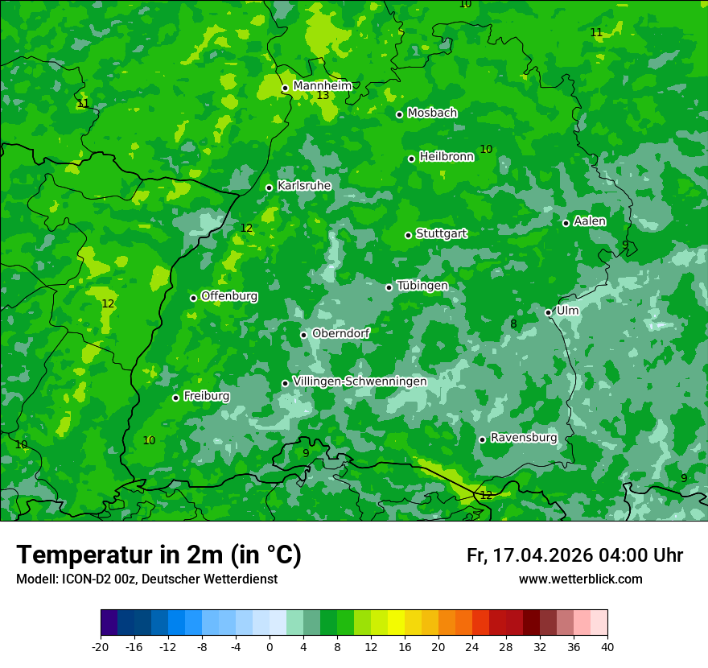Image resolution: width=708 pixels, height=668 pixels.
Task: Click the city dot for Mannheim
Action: coord(285,89)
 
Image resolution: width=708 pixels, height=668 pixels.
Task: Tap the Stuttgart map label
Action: coord(441,233)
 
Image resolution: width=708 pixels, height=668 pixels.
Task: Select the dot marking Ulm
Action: coord(548,312)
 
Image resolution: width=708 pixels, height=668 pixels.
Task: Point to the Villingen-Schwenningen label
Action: coord(360,381)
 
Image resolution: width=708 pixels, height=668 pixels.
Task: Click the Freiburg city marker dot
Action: coord(175,398)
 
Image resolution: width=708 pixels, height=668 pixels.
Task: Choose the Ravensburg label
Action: coord(523,438)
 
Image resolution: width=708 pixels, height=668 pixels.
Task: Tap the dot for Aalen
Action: coord(566,223)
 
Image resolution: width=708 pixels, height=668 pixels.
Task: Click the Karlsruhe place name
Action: coord(303,186)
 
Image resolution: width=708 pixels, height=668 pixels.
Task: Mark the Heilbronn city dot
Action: coord(411,159)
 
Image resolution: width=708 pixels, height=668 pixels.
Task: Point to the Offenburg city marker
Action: coord(193,298)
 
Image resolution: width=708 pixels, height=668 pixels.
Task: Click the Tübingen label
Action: coord(422,286)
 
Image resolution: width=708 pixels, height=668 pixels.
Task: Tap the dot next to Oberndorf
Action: coord(303,335)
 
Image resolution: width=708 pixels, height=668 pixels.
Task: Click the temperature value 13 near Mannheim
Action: coord(323,96)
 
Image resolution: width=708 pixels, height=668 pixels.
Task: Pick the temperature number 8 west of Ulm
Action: coord(513,324)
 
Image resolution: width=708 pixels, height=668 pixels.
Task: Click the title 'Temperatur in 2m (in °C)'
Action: coord(158,555)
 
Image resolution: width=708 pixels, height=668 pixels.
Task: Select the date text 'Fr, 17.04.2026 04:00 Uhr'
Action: coord(574,555)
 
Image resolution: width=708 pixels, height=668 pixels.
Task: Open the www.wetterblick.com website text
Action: coord(580,579)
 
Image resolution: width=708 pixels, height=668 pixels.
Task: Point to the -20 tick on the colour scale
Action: coord(101,646)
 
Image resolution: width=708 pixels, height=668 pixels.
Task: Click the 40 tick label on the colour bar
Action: coord(607,646)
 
